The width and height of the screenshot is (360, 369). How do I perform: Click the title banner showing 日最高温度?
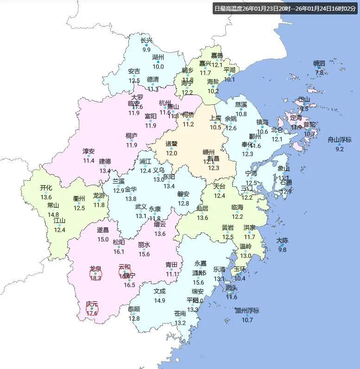click(x=285, y=8)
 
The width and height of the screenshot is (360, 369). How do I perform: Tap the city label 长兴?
click(x=146, y=40)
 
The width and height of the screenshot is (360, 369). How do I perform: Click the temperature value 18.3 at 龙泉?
click(x=95, y=278)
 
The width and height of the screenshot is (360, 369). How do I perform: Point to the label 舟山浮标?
click(x=339, y=140)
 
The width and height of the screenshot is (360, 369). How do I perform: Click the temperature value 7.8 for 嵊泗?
click(x=319, y=73)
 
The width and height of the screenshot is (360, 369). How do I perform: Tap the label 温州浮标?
click(x=247, y=311)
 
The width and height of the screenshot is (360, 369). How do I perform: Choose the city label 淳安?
click(x=88, y=151)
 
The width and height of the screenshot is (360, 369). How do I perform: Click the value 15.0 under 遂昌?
click(x=103, y=239)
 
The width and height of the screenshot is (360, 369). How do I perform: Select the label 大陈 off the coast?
click(x=282, y=240)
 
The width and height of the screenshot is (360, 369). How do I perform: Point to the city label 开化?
click(x=46, y=188)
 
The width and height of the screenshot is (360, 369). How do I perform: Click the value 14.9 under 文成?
click(x=159, y=300)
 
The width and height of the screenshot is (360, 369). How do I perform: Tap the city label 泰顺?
click(x=134, y=309)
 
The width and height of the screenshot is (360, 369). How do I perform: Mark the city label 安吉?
click(x=134, y=71)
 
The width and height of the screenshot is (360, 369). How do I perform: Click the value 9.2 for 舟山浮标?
click(x=340, y=149)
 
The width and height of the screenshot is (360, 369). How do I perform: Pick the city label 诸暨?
click(x=172, y=144)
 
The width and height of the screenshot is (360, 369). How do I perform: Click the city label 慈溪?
click(x=241, y=105)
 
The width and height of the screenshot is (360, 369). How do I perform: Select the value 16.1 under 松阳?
click(x=119, y=252)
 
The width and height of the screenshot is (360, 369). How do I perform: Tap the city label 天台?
click(x=219, y=186)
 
